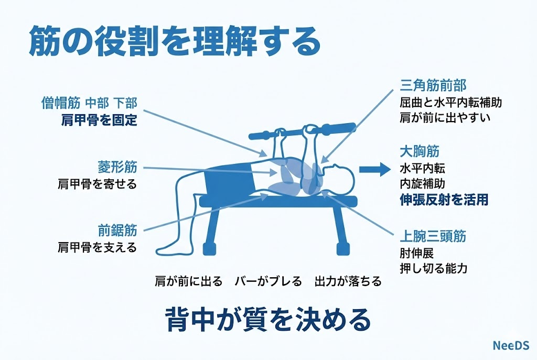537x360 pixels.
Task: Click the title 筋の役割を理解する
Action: [x=175, y=42]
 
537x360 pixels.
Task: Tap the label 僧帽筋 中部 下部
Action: [x=89, y=103]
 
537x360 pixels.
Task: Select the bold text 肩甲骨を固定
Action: [x=99, y=120]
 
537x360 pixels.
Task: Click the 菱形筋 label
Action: [x=117, y=167]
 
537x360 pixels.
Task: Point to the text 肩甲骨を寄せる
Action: [x=97, y=184]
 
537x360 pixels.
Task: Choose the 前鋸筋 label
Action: [x=117, y=230]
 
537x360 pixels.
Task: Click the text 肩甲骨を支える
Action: [x=97, y=247]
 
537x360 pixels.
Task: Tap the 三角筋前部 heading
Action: [x=433, y=85]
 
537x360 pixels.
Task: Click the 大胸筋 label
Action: [x=420, y=151]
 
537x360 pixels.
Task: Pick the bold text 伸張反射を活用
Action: [x=444, y=200]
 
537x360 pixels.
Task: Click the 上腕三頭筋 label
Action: [x=433, y=236]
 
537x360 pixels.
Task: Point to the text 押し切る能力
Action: [x=434, y=268]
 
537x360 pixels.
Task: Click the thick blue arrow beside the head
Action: [x=374, y=169]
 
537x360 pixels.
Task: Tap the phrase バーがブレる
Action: [x=268, y=281]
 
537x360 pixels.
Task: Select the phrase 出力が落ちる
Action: [x=348, y=281]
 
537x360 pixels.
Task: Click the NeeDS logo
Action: [x=511, y=345]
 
